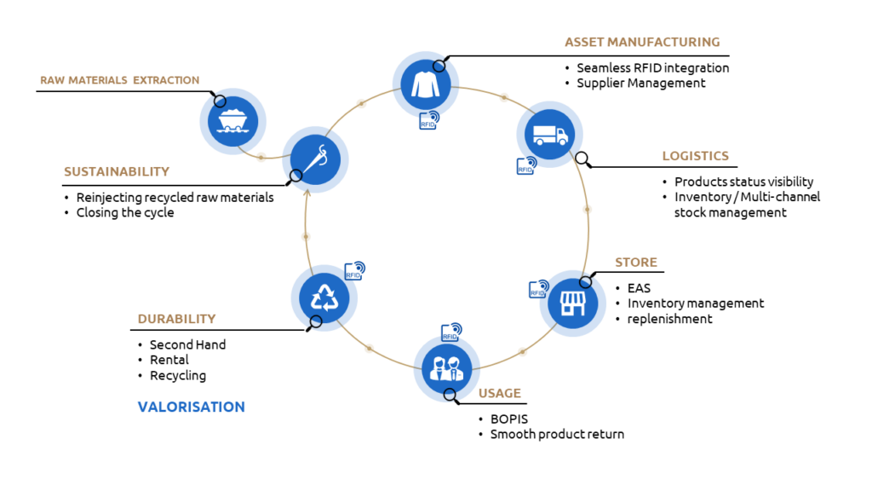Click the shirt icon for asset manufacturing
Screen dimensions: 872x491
click(x=426, y=84)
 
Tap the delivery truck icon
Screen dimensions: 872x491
click(x=549, y=134)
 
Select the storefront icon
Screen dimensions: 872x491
click(x=573, y=303)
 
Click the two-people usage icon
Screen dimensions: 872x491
click(x=446, y=368)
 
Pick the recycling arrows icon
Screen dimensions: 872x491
click(x=324, y=297)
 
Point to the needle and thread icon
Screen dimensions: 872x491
click(x=315, y=159)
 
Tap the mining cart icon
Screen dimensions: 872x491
click(x=233, y=121)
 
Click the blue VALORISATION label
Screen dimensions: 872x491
click(x=192, y=407)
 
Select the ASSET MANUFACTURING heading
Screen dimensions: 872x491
click(x=642, y=43)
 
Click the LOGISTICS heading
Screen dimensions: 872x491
click(x=695, y=156)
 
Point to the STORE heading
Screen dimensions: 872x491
click(x=635, y=263)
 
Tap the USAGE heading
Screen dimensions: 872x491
click(x=499, y=393)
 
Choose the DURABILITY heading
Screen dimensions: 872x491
click(x=176, y=319)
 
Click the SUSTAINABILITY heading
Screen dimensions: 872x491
click(x=116, y=171)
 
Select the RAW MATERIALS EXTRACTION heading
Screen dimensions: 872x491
click(x=119, y=80)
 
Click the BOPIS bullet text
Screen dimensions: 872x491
click(x=509, y=419)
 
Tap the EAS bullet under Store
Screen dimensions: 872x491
click(x=639, y=288)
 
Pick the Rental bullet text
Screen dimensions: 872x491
click(x=169, y=360)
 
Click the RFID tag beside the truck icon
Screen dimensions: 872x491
click(x=526, y=165)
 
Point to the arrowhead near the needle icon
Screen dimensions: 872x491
click(x=307, y=193)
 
